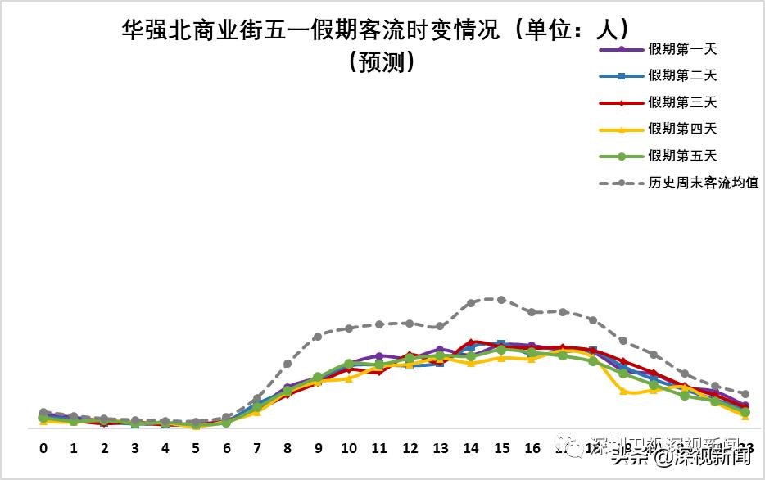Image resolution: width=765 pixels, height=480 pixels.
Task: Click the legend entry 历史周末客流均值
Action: [703, 183]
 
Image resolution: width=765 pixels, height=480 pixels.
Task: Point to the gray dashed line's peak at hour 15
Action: [501, 300]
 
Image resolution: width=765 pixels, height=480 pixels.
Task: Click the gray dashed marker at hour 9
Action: [318, 337]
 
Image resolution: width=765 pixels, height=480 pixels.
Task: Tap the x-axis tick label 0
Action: [43, 448]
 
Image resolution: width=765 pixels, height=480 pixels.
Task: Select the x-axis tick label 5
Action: [196, 448]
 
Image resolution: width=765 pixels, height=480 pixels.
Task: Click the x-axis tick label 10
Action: [349, 448]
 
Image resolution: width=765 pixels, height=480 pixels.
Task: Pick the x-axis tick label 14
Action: [471, 448]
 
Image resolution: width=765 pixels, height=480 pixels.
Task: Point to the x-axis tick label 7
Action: [257, 448]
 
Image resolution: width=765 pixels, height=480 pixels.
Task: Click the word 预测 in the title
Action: [382, 62]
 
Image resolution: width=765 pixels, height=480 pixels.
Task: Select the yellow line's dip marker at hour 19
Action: [624, 392]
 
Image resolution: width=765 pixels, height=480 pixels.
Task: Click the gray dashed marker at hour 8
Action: [287, 364]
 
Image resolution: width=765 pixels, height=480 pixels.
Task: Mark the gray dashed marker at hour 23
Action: [745, 394]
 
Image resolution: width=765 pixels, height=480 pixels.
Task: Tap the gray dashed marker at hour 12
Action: [410, 324]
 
